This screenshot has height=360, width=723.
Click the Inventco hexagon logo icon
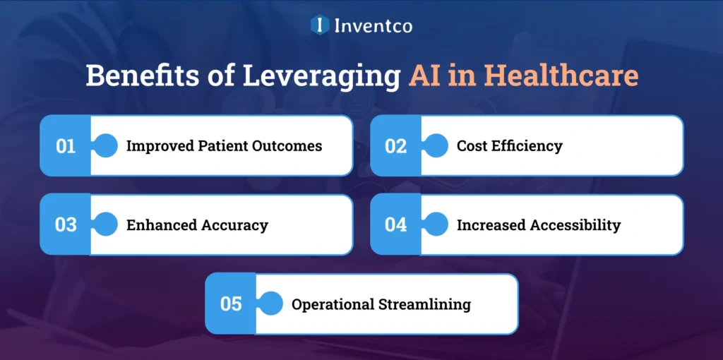[x=320, y=25]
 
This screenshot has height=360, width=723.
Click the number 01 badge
[x=66, y=146]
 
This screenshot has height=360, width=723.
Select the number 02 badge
[x=396, y=146]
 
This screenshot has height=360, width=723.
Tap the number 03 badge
[x=66, y=225]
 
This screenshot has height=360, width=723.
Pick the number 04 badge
[x=396, y=225]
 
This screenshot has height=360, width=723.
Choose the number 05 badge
[x=231, y=304]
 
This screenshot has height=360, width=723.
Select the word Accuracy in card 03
[x=235, y=225]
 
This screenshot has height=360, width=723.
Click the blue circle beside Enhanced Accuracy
[x=106, y=225]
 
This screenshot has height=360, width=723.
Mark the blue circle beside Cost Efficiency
[x=436, y=146]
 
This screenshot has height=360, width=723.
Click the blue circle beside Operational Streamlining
[x=271, y=304]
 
